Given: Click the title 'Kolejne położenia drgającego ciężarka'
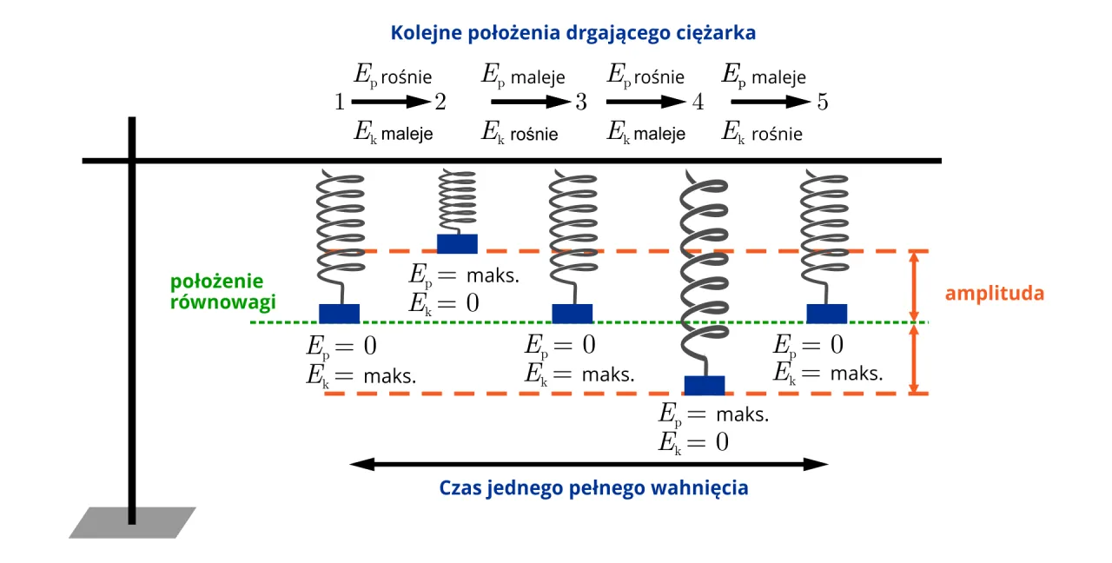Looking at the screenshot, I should [573, 34].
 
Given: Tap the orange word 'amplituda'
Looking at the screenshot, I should [994, 293].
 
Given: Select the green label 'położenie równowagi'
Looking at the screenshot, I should [223, 293].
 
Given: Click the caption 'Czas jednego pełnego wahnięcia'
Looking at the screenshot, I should [593, 487].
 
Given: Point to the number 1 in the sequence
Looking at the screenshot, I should [340, 103].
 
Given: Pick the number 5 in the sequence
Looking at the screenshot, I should [822, 103].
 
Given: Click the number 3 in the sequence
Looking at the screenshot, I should [580, 103].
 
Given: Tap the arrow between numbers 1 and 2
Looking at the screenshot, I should [391, 103].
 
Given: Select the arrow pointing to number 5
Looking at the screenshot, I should [770, 103].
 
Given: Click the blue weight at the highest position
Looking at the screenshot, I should [457, 243].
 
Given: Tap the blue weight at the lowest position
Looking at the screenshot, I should [705, 385].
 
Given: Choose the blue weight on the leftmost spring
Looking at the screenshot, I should [339, 313].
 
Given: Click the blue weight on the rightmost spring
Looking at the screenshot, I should [826, 313].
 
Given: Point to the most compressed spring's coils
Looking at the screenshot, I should [457, 200].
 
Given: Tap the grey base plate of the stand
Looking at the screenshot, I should [132, 522].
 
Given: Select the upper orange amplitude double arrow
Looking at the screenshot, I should [913, 286].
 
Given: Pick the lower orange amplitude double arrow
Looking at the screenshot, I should [913, 359].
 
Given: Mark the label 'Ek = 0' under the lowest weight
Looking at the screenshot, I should [693, 442].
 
